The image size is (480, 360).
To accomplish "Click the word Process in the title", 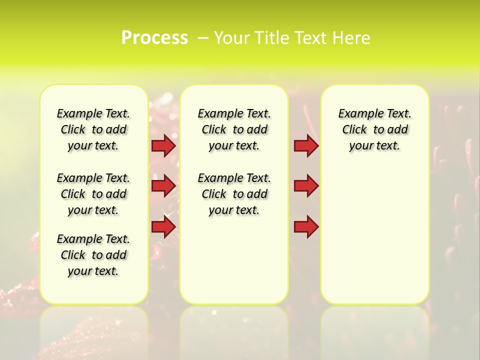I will (x=154, y=38).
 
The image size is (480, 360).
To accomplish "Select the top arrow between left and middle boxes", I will (x=163, y=145).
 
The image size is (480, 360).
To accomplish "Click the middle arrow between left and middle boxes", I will (x=163, y=186).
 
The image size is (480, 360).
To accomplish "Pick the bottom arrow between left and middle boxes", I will (x=163, y=227).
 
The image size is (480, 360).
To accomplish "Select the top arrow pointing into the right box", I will (x=306, y=145).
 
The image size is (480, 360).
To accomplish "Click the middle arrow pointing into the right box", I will (x=306, y=186).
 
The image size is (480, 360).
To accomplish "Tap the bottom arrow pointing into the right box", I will (x=306, y=227).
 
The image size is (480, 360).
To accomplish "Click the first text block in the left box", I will (x=93, y=129).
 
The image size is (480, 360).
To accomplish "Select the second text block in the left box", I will (x=93, y=194).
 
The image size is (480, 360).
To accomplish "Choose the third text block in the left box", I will (x=93, y=255).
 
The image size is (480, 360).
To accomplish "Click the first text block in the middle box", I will (x=234, y=129).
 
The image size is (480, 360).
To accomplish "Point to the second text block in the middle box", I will (x=234, y=194).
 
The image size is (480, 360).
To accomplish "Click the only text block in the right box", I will (x=374, y=129).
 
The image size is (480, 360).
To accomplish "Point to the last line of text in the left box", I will (x=93, y=271).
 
